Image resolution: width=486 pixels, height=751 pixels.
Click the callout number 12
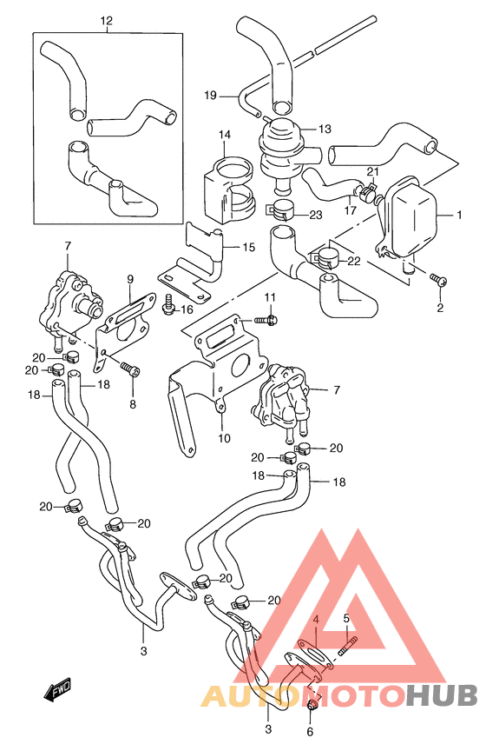pyautogui.click(x=106, y=21)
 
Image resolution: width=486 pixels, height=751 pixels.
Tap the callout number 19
pyautogui.click(x=211, y=96)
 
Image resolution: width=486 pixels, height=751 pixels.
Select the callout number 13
pyautogui.click(x=325, y=129)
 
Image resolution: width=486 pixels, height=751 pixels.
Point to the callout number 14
pyautogui.click(x=225, y=135)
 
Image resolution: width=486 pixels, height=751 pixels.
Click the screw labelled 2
pyautogui.click(x=438, y=279)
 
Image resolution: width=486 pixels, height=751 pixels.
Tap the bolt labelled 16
pyautogui.click(x=168, y=305)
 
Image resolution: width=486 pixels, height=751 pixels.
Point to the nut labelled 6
pyautogui.click(x=312, y=705)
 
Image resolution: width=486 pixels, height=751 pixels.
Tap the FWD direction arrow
pyautogui.click(x=57, y=692)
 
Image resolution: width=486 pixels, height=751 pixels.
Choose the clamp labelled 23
pyautogui.click(x=280, y=210)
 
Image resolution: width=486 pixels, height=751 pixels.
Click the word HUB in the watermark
pyautogui.click(x=442, y=695)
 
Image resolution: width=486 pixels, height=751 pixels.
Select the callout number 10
pyautogui.click(x=224, y=438)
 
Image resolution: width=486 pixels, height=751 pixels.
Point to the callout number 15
pyautogui.click(x=249, y=247)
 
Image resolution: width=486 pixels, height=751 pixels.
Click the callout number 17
pyautogui.click(x=350, y=210)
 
